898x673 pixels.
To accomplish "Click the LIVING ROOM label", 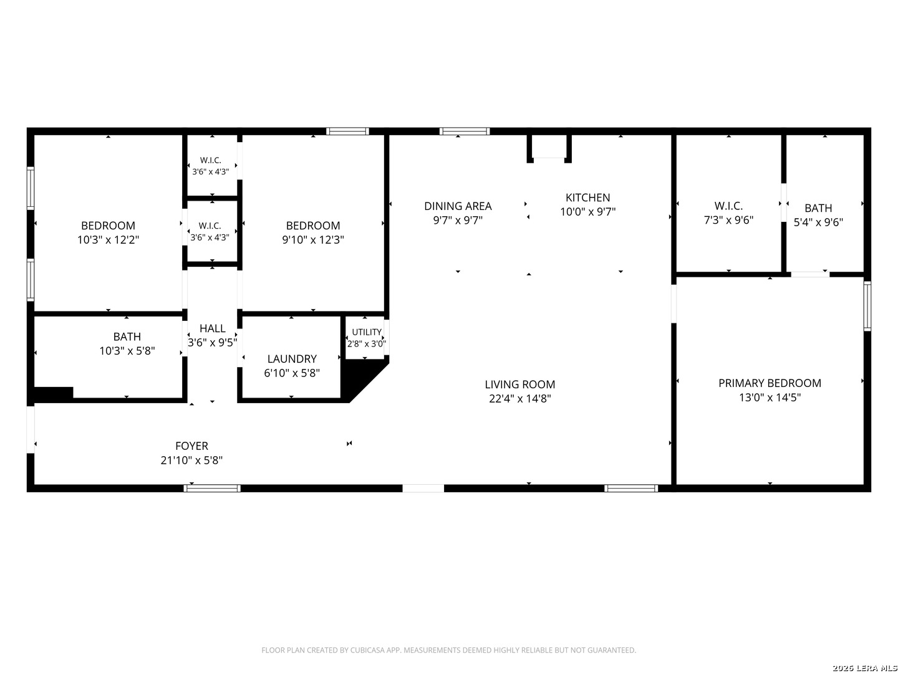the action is click(x=519, y=384).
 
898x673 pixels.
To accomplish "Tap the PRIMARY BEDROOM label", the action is click(x=770, y=383).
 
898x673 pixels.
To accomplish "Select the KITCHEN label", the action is click(x=587, y=198).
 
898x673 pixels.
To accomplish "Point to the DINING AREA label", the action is click(x=458, y=206).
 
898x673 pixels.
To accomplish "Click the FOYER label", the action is click(x=191, y=446).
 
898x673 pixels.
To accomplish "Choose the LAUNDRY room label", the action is click(x=292, y=359).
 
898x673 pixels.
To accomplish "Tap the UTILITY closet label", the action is click(x=367, y=332).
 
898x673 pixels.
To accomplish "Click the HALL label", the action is click(x=212, y=328).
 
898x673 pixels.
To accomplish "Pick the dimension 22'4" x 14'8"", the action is click(x=519, y=399).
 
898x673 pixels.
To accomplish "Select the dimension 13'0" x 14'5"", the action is click(x=770, y=398).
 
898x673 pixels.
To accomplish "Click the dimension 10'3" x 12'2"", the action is click(x=108, y=240).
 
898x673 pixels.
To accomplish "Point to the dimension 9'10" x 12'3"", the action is click(x=313, y=240).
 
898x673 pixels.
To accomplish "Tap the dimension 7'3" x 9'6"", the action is click(x=728, y=220).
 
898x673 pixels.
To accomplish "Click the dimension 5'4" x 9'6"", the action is click(x=818, y=222).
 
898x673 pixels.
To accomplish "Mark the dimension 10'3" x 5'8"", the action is click(x=127, y=351).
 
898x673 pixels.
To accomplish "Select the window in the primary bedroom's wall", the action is click(x=867, y=305).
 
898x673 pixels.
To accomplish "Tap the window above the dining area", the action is click(x=465, y=131).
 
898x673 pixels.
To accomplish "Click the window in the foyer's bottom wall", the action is click(x=212, y=489).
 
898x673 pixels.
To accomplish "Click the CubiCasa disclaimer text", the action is click(x=448, y=650).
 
